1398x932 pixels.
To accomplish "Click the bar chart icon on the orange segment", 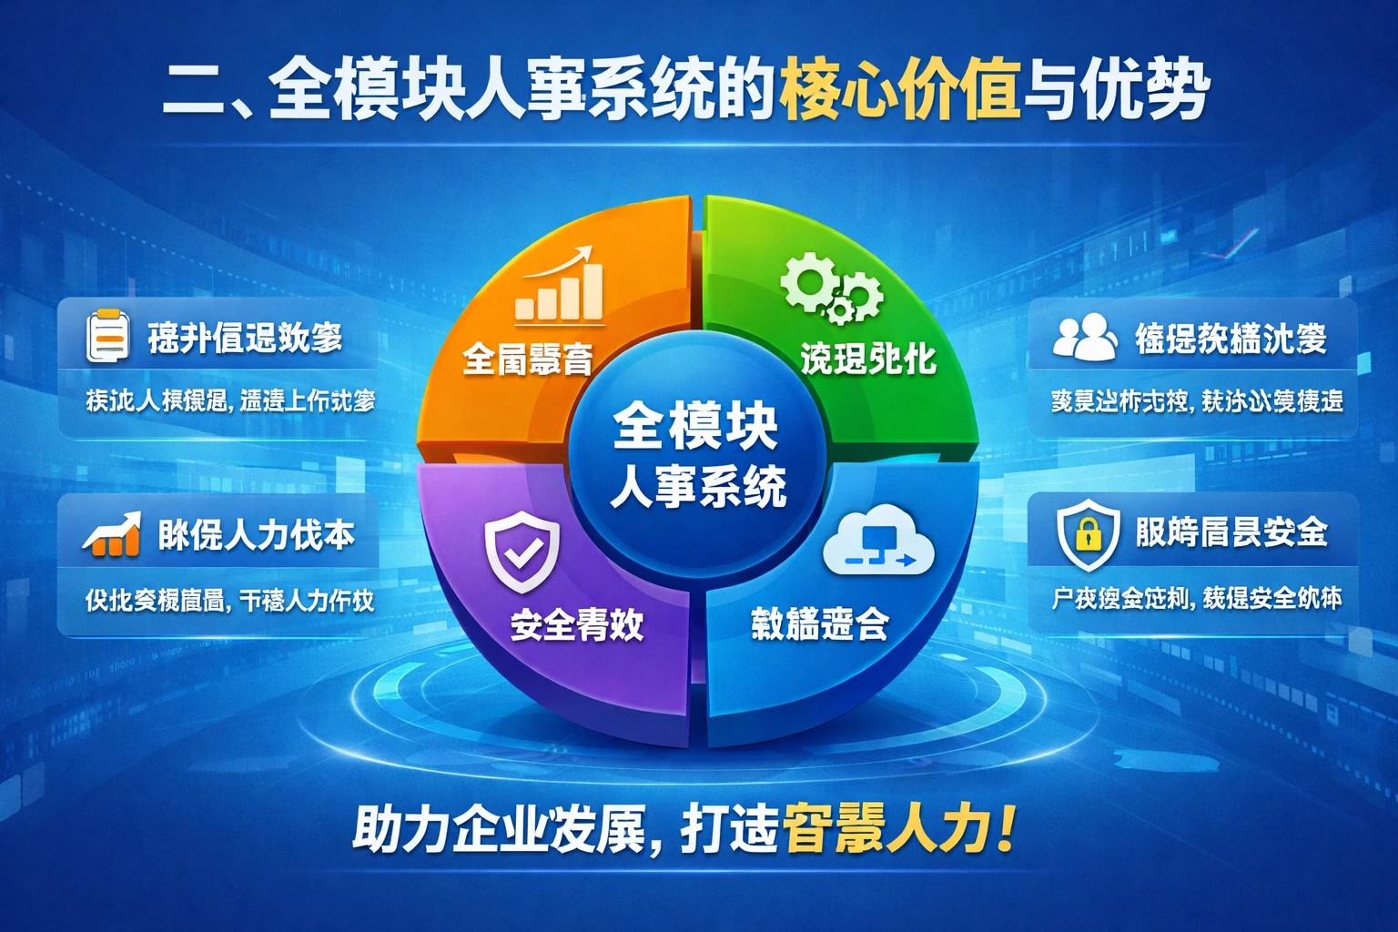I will (560, 285).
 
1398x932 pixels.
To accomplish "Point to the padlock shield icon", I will (1088, 533).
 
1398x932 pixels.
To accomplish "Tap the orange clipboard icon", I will (107, 336).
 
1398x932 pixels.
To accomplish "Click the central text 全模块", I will (695, 426).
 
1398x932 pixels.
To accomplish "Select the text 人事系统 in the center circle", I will (698, 486).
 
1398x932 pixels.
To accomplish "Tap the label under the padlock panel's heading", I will (1196, 598).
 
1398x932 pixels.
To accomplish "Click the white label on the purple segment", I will (577, 625).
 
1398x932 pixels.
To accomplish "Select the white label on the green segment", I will (868, 359).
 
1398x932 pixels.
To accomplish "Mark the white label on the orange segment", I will (528, 360).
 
